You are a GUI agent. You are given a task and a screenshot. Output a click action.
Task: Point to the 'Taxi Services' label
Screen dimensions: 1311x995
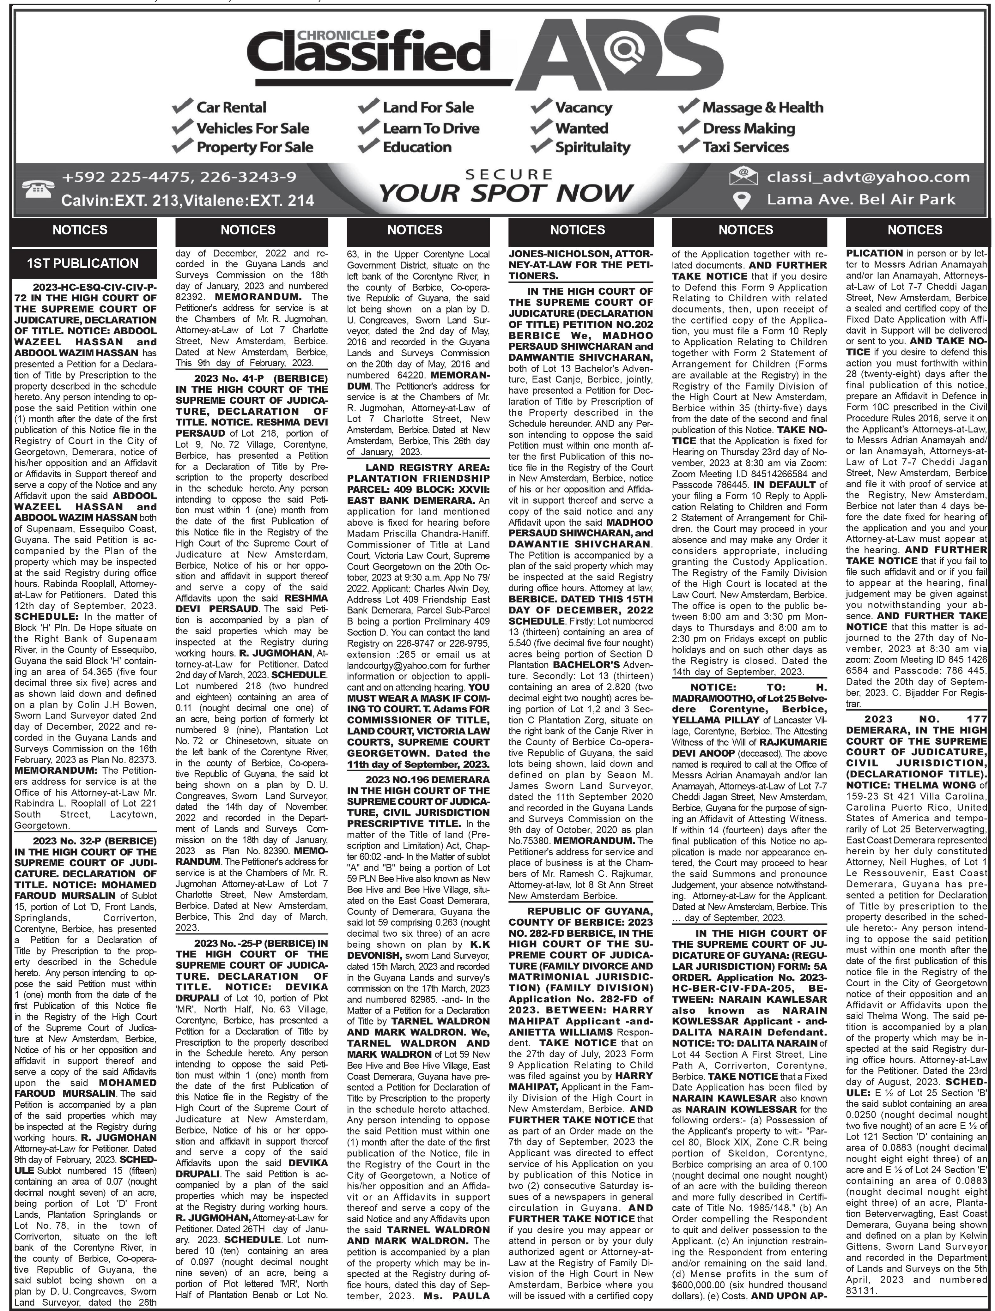(x=745, y=147)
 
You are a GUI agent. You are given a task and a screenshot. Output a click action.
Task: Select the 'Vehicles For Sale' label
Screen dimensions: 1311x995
(x=252, y=128)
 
